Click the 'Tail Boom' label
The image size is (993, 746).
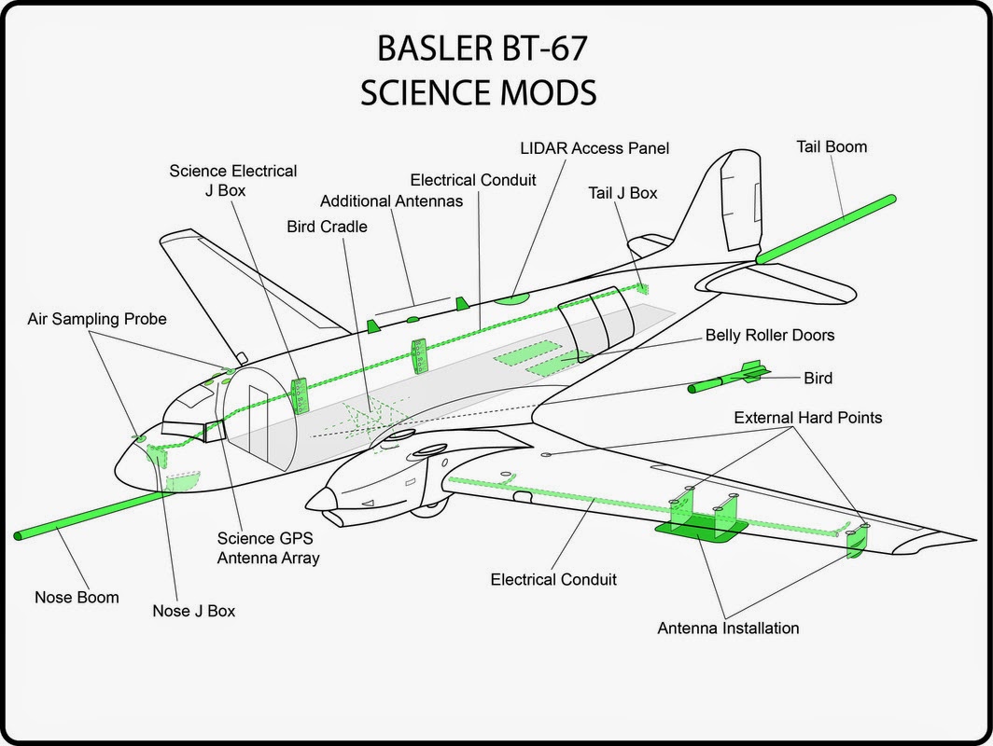832,146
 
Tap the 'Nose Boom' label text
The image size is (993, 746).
77,597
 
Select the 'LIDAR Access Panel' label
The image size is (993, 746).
594,148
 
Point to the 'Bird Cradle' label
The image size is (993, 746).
328,227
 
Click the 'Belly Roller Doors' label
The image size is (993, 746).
770,335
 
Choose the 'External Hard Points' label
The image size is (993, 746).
807,417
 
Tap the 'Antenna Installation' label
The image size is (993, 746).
728,628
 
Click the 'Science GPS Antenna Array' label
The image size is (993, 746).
268,547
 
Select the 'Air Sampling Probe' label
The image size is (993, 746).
96,319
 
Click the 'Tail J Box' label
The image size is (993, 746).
622,193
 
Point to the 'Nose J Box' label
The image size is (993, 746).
194,611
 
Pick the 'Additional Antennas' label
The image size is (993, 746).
391,201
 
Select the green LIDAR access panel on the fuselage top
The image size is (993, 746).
511,297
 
